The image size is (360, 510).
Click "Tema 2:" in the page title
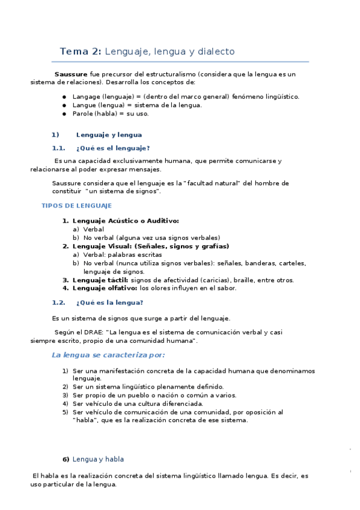[x=81, y=52]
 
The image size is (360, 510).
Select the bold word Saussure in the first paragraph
[x=71, y=74]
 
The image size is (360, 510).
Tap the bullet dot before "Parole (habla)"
[x=64, y=113]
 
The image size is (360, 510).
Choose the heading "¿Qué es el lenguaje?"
[x=113, y=148]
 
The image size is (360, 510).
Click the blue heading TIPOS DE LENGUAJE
[x=76, y=206]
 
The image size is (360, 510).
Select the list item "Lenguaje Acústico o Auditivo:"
[x=126, y=221]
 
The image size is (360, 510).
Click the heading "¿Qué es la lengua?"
[x=110, y=303]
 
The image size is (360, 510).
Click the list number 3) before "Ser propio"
[x=65, y=395]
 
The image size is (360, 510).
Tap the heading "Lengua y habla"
[x=98, y=459]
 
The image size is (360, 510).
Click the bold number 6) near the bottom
[x=66, y=459]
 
